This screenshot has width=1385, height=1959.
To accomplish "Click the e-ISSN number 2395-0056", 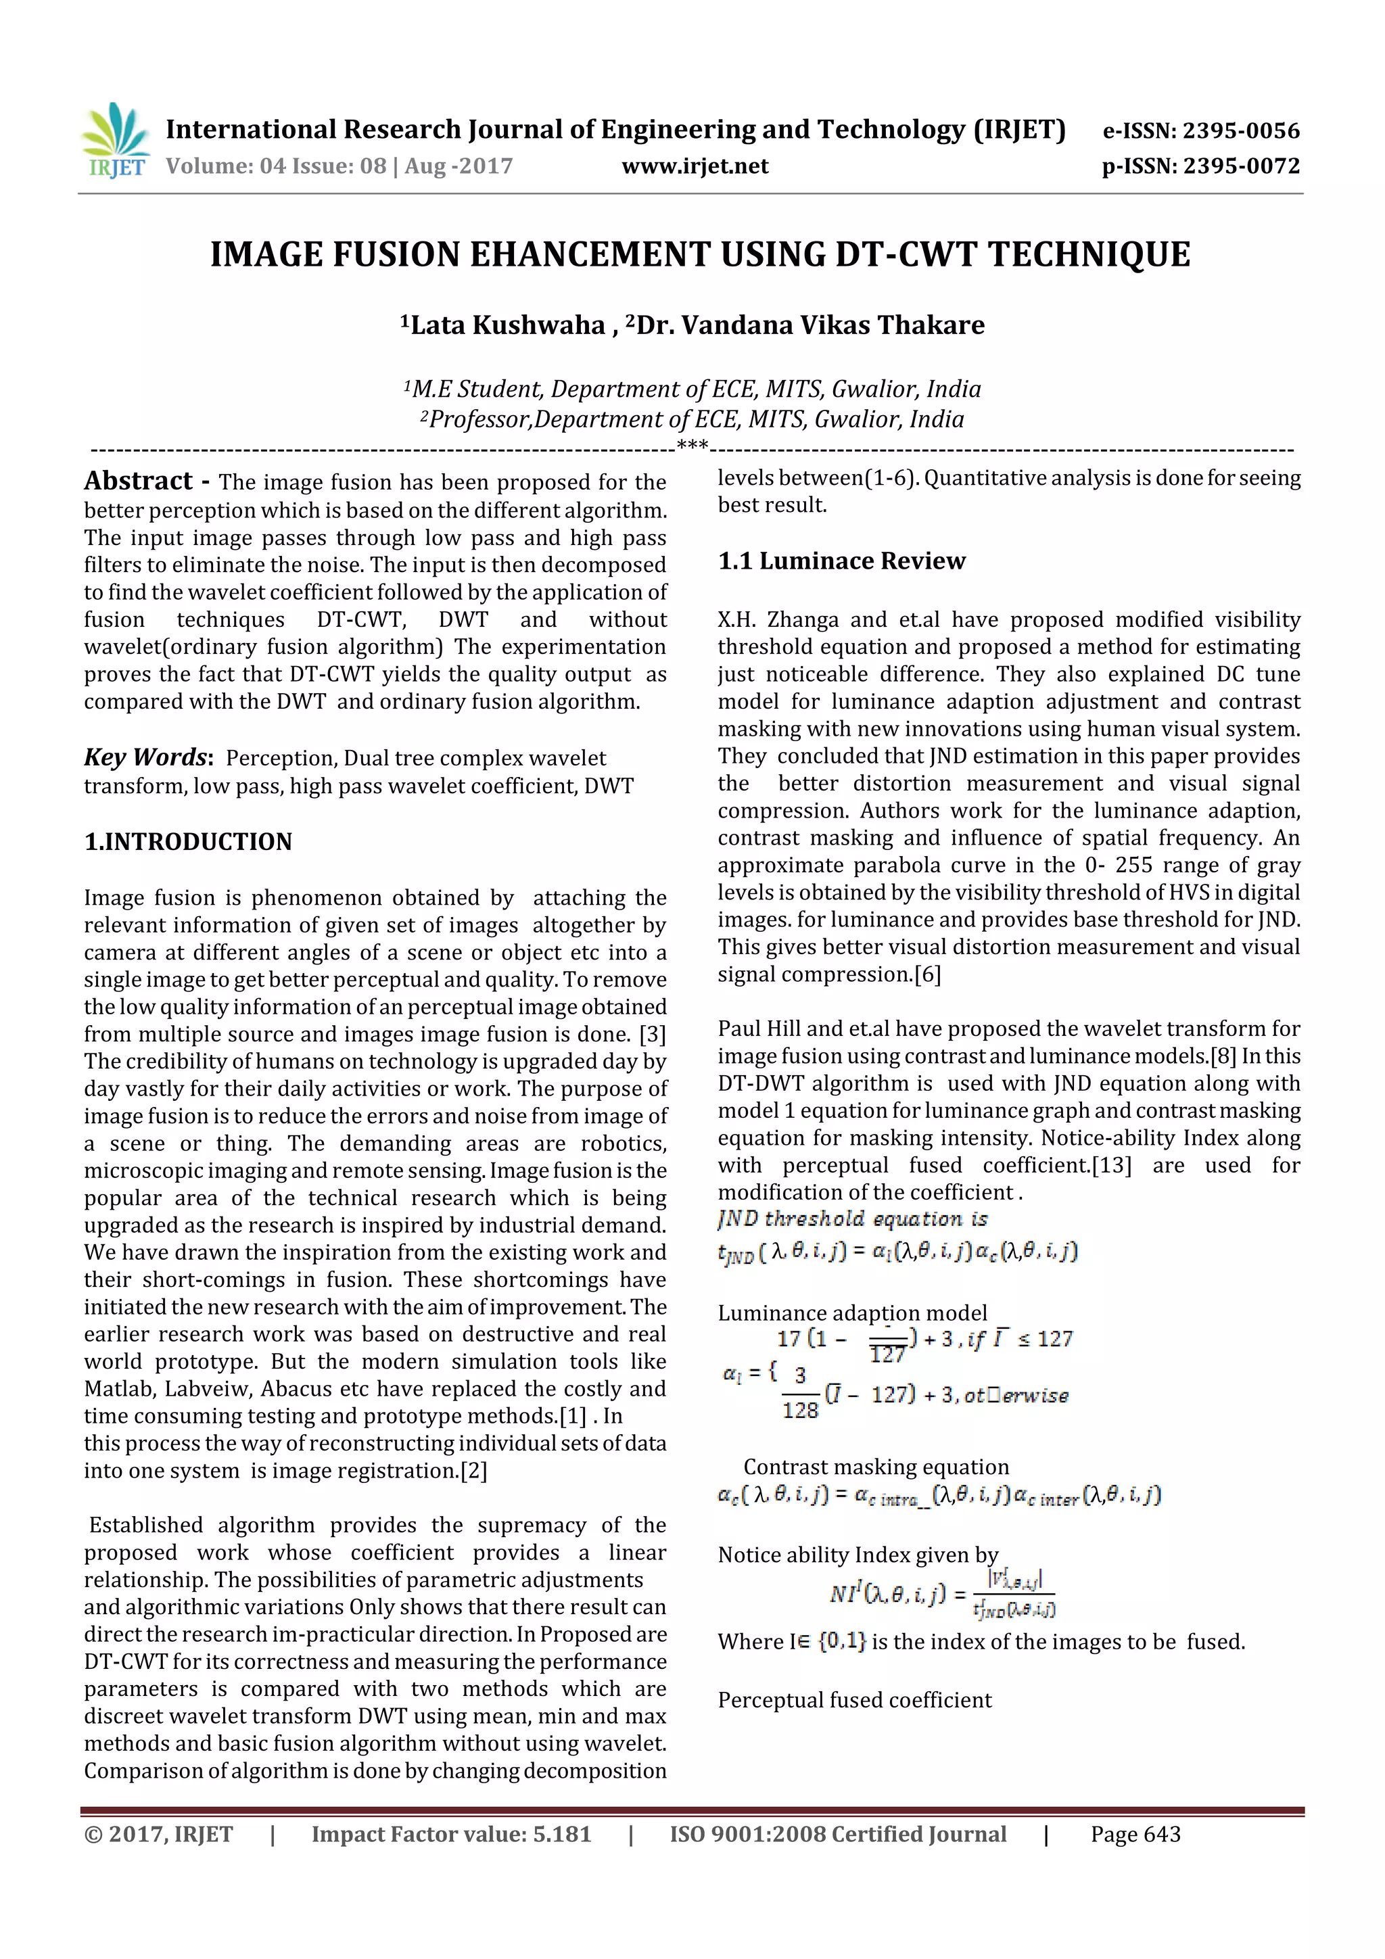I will click(1241, 131).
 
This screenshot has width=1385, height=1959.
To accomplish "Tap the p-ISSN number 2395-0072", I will click(1241, 166).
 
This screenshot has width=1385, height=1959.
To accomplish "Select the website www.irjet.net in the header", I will click(695, 166).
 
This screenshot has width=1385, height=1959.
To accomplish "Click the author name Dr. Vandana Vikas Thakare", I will click(810, 325).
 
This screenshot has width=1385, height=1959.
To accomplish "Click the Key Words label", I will click(146, 757).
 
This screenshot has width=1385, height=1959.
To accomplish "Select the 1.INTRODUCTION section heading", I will click(188, 842).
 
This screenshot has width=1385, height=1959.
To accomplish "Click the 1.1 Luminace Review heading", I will click(841, 561).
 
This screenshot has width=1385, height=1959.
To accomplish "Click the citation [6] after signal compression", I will click(928, 974).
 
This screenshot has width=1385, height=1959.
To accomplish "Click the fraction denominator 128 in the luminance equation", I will click(799, 1411).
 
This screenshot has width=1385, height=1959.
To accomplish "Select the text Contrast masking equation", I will click(876, 1467).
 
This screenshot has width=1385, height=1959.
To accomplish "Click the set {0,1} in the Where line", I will click(841, 1642).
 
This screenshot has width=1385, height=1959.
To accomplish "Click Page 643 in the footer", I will click(1135, 1835).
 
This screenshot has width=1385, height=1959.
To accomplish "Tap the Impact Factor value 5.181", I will click(561, 1835).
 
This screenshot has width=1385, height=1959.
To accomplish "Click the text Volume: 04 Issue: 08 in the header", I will click(276, 166).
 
